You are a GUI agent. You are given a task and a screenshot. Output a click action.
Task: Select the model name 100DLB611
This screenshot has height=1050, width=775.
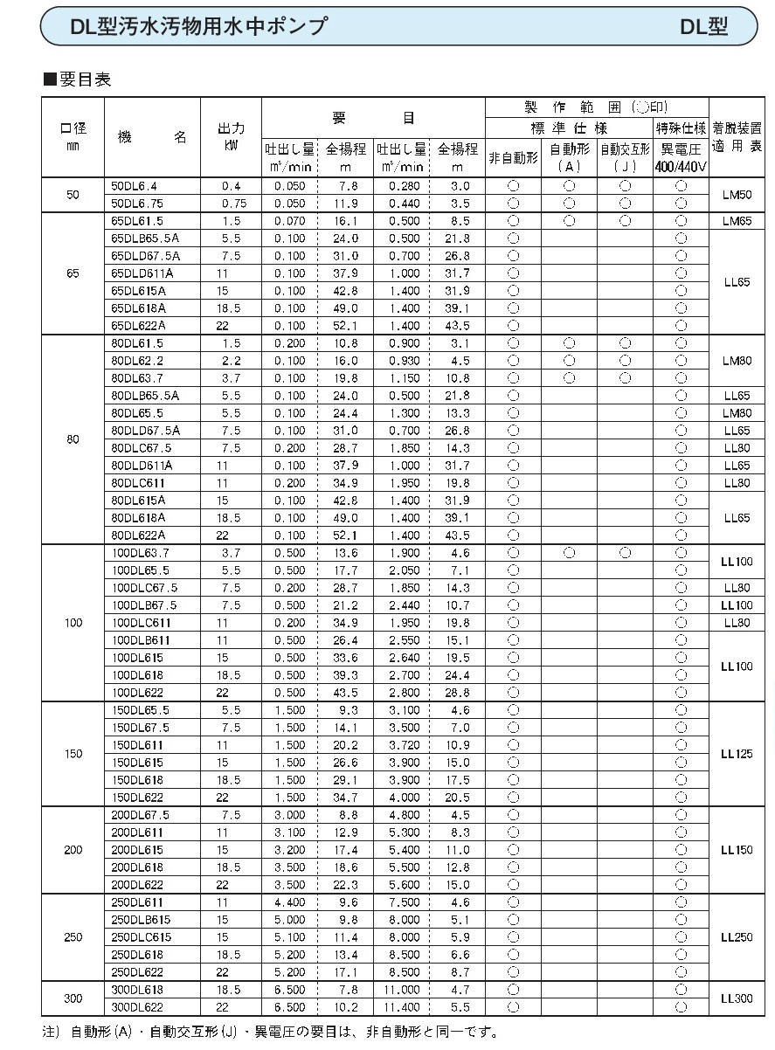(141, 640)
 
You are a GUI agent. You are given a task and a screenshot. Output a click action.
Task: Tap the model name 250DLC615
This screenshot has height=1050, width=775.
(142, 937)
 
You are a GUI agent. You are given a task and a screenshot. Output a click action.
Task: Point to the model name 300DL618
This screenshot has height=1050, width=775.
(138, 990)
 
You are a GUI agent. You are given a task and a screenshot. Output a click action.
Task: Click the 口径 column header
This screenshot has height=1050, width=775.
(73, 136)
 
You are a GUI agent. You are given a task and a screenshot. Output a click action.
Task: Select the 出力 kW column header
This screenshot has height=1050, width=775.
(231, 136)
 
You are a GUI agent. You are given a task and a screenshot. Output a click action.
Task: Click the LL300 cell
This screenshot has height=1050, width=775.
(736, 998)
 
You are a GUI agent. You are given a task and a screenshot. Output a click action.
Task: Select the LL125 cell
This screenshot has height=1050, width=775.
(736, 754)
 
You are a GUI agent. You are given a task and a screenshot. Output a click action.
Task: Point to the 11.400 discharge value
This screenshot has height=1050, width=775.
(402, 1007)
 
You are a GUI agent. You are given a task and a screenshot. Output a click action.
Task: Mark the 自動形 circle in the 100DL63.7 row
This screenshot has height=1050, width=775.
(569, 553)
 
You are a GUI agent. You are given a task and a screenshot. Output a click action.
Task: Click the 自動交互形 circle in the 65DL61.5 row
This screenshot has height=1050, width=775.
(625, 221)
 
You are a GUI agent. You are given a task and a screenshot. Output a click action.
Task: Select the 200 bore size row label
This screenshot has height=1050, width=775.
(73, 850)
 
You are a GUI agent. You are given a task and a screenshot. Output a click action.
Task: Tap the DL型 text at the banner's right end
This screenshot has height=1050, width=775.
(704, 27)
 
